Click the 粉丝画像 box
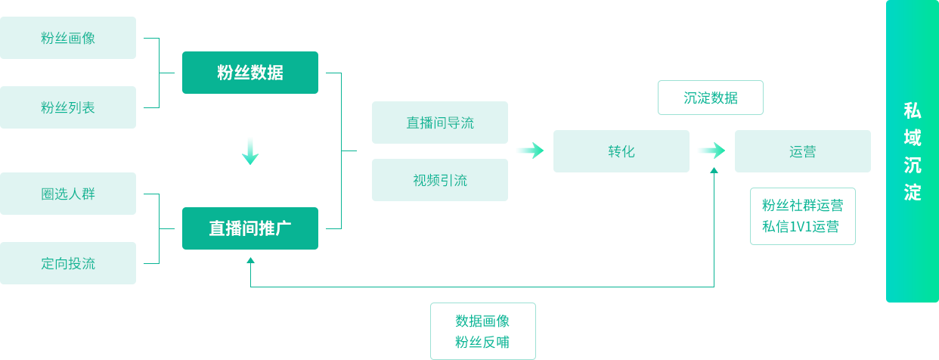68,37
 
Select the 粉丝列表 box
68,107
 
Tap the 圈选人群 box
68,193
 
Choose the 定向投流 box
68,262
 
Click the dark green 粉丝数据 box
249,72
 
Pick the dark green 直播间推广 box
249,228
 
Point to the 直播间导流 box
439,122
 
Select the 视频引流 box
439,179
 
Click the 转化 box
621,151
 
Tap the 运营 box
802,151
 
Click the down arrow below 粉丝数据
250,151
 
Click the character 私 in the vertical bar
913,110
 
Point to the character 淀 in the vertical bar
913,192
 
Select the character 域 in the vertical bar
913,138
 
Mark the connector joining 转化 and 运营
711,151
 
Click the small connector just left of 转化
530,151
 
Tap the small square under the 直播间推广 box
250,259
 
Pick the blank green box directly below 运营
802,216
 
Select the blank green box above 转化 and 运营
710,97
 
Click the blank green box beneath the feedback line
482,330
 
